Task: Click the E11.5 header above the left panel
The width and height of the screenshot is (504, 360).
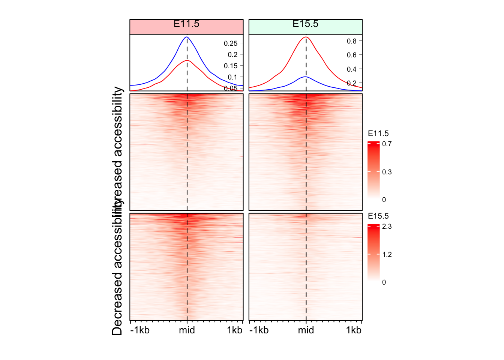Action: (x=186, y=24)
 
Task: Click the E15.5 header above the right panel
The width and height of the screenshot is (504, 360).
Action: (x=305, y=24)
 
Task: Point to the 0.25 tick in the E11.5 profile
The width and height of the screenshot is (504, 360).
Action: (x=231, y=43)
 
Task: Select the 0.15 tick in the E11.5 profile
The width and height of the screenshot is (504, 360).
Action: (x=231, y=66)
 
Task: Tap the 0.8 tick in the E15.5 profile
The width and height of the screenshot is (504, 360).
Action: (x=351, y=41)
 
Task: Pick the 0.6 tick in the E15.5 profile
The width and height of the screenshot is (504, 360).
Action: (x=351, y=55)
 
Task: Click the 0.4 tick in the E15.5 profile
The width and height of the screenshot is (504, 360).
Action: (x=351, y=69)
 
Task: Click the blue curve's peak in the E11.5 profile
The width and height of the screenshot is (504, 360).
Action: (x=187, y=37)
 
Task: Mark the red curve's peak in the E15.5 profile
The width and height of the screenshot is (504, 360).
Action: (x=306, y=37)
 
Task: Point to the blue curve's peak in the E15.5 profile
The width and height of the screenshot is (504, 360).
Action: (x=306, y=77)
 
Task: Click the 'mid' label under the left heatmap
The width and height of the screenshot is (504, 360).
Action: (x=187, y=330)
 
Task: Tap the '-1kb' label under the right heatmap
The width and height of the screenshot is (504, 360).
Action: (x=259, y=330)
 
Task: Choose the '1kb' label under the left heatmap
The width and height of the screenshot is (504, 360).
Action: (x=235, y=330)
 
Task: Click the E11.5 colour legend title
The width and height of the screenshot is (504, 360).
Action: (x=378, y=134)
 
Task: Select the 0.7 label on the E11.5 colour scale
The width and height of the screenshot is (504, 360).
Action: (x=387, y=144)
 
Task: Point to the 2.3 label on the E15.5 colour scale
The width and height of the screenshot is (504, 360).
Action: (x=387, y=226)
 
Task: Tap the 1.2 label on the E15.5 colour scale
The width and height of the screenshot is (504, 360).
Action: (x=387, y=255)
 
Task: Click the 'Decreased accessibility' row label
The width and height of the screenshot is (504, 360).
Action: (x=117, y=274)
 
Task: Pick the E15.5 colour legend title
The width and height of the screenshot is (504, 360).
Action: (x=378, y=216)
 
